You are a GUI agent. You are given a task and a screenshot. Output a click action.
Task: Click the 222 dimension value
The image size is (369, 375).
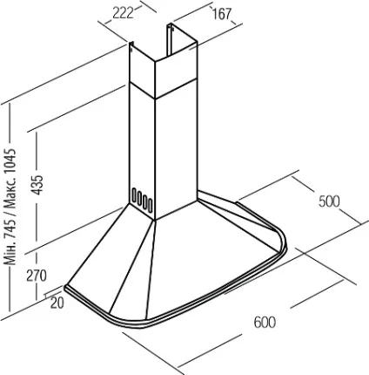(123, 13)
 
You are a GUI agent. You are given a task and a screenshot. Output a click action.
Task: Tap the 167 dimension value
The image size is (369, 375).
(222, 14)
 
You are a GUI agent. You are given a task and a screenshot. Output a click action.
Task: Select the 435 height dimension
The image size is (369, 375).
(37, 185)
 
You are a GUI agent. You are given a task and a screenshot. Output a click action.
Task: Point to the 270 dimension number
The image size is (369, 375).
(37, 276)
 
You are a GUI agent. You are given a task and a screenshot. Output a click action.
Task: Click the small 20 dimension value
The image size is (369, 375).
(57, 303)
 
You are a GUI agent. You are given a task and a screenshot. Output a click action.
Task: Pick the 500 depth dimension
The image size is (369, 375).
(329, 201)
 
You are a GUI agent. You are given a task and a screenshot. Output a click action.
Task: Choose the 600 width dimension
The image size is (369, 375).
(265, 322)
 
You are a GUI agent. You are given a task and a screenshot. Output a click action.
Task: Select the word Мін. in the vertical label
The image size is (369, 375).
(11, 256)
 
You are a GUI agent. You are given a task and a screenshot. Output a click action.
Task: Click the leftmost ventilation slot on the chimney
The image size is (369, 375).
(134, 196)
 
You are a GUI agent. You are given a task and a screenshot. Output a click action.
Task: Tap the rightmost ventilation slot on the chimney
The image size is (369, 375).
(150, 205)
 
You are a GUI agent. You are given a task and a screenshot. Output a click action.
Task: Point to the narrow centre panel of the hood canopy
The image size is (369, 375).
(134, 269)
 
